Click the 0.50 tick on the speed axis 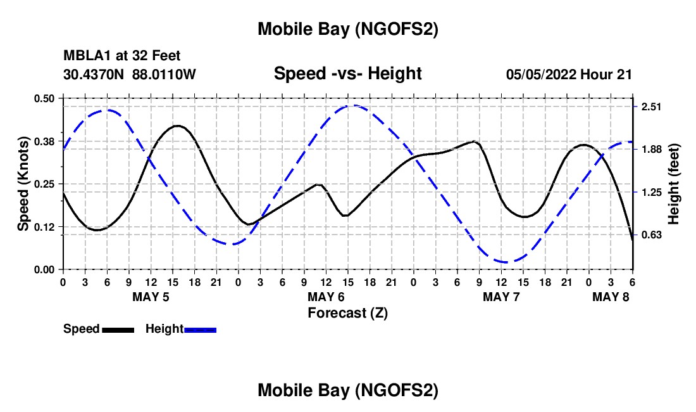click(45, 98)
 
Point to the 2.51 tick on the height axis click(651, 106)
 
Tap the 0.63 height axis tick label click(651, 235)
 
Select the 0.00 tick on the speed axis click(45, 270)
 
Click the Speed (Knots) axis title click(23, 184)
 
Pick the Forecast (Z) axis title click(347, 312)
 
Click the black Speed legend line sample click(118, 330)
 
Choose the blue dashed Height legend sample click(200, 330)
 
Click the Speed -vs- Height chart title click(347, 74)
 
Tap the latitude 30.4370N click(94, 74)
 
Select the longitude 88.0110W click(165, 74)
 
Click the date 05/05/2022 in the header click(542, 74)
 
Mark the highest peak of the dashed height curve click(354, 106)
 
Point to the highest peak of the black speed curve click(177, 126)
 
